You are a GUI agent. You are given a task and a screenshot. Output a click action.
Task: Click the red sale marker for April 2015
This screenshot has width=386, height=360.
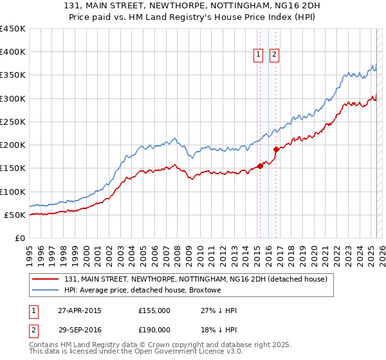pyautogui.click(x=260, y=166)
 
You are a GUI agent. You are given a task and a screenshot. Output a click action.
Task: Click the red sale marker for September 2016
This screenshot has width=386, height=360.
pyautogui.click(x=276, y=150)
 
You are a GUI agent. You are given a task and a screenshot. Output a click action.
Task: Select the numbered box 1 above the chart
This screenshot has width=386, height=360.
pyautogui.click(x=258, y=55)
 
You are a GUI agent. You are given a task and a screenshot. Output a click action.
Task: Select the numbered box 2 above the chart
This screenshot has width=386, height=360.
pyautogui.click(x=274, y=55)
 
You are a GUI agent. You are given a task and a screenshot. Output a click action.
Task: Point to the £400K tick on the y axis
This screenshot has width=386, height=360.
pyautogui.click(x=12, y=52)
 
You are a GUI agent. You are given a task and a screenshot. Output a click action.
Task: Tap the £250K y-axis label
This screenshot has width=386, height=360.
pyautogui.click(x=12, y=122)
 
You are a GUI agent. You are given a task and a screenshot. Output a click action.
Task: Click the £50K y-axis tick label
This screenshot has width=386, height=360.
pyautogui.click(x=15, y=215)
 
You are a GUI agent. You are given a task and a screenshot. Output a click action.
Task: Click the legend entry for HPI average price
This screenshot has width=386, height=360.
pyautogui.click(x=142, y=291)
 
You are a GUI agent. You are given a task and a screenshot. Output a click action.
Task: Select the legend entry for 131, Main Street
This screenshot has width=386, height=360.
pyautogui.click(x=196, y=279)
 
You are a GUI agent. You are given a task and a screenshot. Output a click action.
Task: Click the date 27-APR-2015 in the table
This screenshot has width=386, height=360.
pyautogui.click(x=80, y=310)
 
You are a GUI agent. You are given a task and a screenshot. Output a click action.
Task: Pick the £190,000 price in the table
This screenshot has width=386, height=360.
pyautogui.click(x=154, y=330)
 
